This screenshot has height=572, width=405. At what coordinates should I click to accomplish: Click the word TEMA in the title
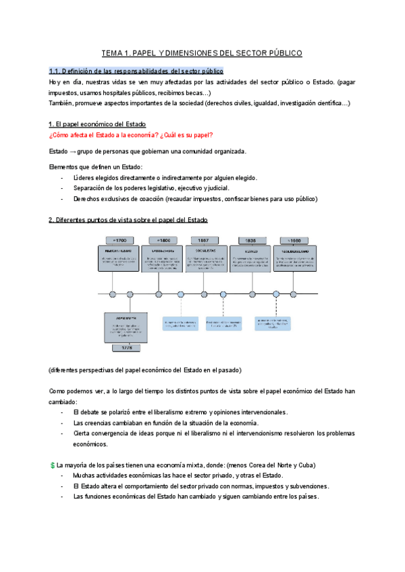point(113,52)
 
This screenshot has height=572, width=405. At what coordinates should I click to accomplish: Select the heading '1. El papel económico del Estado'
point(97,124)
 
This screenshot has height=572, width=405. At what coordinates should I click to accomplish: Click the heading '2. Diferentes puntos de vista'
point(128,220)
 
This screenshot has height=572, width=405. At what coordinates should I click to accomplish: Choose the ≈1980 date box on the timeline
point(294,240)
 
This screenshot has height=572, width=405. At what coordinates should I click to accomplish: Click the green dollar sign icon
point(53,465)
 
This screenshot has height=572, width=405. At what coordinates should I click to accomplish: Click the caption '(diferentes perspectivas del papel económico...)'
point(145,370)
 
